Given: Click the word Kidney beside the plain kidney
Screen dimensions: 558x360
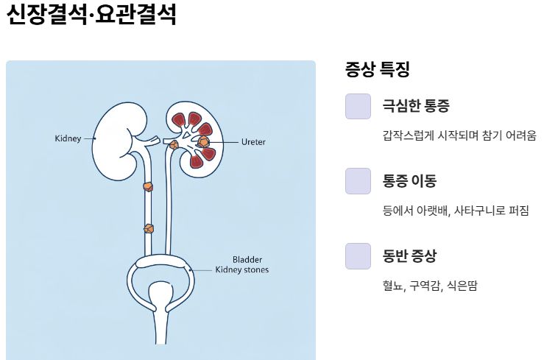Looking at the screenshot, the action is coord(68,138).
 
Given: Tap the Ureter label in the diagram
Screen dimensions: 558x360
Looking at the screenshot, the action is coord(252,141).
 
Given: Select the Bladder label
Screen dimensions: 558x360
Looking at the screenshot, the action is coord(247,259).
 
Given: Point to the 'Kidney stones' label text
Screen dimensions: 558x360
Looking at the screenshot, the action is coord(241,270).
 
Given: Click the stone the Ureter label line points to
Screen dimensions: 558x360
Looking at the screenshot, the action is coord(204,140).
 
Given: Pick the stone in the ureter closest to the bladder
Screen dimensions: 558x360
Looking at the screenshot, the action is coord(149,228).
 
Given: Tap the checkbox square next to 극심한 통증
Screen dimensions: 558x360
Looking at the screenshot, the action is coord(358,106).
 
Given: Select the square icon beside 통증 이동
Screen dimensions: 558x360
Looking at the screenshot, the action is coord(358,180).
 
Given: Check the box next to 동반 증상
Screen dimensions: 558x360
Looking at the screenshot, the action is coord(358,255).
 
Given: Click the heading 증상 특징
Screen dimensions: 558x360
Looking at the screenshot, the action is coord(377,70).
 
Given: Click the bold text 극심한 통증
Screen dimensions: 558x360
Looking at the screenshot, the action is coord(415,106).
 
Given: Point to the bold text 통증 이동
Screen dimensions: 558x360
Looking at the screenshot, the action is coord(409,180).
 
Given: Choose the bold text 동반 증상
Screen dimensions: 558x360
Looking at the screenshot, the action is coord(409,256).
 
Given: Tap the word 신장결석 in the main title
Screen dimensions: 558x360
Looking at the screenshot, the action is coord(46,15).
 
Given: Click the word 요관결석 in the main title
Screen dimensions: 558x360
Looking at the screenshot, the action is coord(136,15).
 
